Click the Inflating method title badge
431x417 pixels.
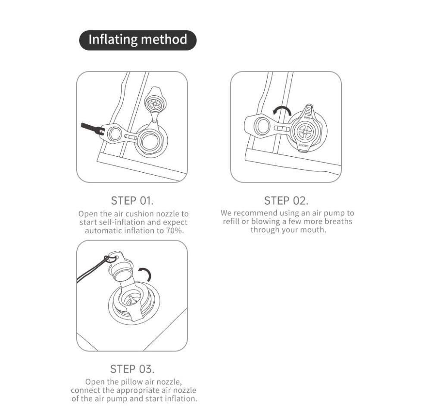138,40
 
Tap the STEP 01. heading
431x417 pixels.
132,201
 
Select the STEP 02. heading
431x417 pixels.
286,201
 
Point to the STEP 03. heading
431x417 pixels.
132,369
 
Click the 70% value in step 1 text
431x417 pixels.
174,231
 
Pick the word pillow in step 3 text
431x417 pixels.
132,382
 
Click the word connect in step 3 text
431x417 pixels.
85,390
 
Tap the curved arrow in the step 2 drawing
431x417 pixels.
282,111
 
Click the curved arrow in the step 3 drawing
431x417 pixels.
145,272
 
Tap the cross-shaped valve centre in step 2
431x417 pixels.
305,132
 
